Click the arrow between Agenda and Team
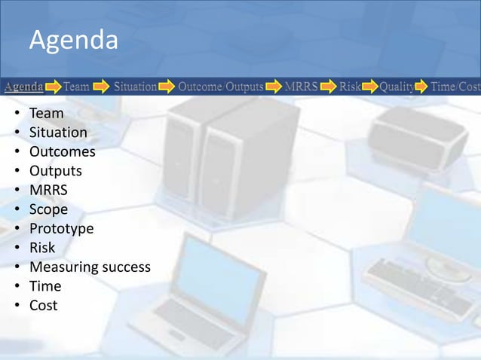pyautogui.click(x=52, y=87)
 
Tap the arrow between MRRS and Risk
pyautogui.click(x=328, y=87)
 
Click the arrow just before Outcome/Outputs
pyautogui.click(x=167, y=87)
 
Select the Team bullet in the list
pyautogui.click(x=46, y=114)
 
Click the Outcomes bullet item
pyautogui.click(x=62, y=152)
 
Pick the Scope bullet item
pyautogui.click(x=48, y=209)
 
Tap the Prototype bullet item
pyautogui.click(x=61, y=228)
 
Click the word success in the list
pyautogui.click(x=126, y=267)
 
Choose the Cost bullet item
pyautogui.click(x=44, y=305)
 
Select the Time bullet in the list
pyautogui.click(x=44, y=286)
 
